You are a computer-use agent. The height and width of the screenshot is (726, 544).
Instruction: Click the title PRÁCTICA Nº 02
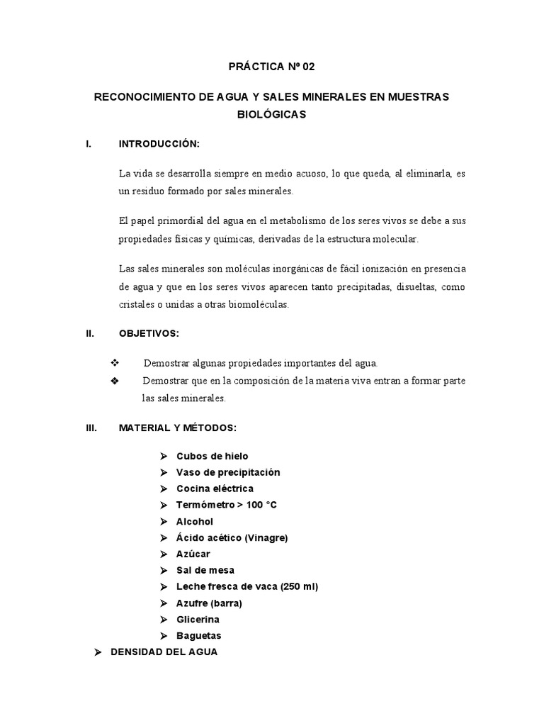pyautogui.click(x=271, y=67)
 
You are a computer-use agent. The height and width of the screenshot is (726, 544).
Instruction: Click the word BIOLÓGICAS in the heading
pyautogui.click(x=271, y=114)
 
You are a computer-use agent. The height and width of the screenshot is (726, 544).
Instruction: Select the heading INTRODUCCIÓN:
pyautogui.click(x=159, y=144)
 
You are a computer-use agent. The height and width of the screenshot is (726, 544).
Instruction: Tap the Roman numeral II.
pyautogui.click(x=89, y=333)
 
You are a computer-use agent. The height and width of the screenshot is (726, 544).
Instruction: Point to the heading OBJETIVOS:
pyautogui.click(x=149, y=333)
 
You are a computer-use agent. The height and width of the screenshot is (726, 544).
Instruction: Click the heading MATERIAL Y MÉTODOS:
pyautogui.click(x=177, y=428)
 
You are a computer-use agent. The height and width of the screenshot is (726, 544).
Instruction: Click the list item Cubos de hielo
pyautogui.click(x=212, y=456)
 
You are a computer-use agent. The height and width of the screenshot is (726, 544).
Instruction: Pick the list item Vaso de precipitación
pyautogui.click(x=228, y=472)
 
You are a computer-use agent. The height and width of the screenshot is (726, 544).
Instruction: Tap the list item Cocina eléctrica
pyautogui.click(x=215, y=488)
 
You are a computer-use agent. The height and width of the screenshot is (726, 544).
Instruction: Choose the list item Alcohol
pyautogui.click(x=195, y=521)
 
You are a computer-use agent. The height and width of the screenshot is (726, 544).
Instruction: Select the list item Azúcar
pyautogui.click(x=193, y=554)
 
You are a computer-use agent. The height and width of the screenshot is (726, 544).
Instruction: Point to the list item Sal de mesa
pyautogui.click(x=205, y=570)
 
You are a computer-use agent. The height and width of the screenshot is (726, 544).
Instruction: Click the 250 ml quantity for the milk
pyautogui.click(x=300, y=586)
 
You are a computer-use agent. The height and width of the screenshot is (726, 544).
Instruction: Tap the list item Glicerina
pyautogui.click(x=198, y=619)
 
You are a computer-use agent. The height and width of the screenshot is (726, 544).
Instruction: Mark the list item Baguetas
pyautogui.click(x=199, y=635)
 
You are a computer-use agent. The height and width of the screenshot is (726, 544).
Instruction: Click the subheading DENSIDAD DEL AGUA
pyautogui.click(x=164, y=652)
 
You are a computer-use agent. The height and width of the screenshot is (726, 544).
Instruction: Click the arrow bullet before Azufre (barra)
pyautogui.click(x=162, y=603)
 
